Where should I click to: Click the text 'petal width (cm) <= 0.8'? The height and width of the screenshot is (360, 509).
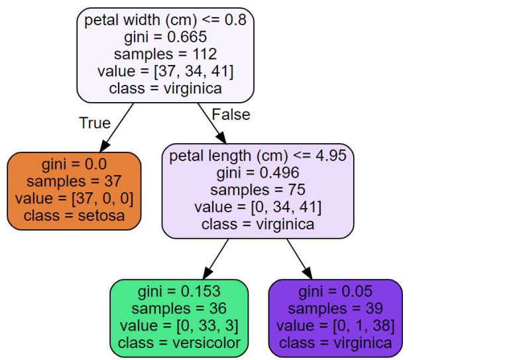(x=165, y=20)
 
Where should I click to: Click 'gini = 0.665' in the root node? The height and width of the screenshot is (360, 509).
(x=165, y=37)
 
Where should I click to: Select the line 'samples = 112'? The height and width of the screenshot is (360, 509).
(x=165, y=54)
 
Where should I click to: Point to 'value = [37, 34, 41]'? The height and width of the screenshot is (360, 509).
(x=165, y=72)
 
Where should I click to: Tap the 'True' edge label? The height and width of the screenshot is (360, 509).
(x=95, y=123)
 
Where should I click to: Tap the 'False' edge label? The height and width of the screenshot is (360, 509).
(x=231, y=115)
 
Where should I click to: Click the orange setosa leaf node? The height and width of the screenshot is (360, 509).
(x=74, y=191)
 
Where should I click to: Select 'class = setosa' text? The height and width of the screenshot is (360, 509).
(x=74, y=216)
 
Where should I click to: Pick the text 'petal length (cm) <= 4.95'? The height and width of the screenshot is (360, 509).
(x=258, y=156)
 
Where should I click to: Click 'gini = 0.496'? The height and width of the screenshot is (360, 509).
(x=258, y=174)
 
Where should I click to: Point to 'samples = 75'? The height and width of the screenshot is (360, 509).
(x=258, y=191)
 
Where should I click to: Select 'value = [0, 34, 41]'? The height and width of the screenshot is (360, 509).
(x=258, y=208)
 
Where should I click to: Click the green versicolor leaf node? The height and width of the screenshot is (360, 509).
(x=179, y=318)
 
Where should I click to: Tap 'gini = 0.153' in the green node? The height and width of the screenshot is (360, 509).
(x=179, y=292)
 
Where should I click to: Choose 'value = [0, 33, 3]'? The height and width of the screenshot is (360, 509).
(x=179, y=326)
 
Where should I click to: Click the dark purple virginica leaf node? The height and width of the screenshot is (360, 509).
(x=335, y=318)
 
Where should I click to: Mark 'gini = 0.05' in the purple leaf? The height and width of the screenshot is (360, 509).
(x=335, y=292)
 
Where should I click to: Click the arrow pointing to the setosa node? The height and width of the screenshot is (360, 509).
(x=116, y=127)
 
